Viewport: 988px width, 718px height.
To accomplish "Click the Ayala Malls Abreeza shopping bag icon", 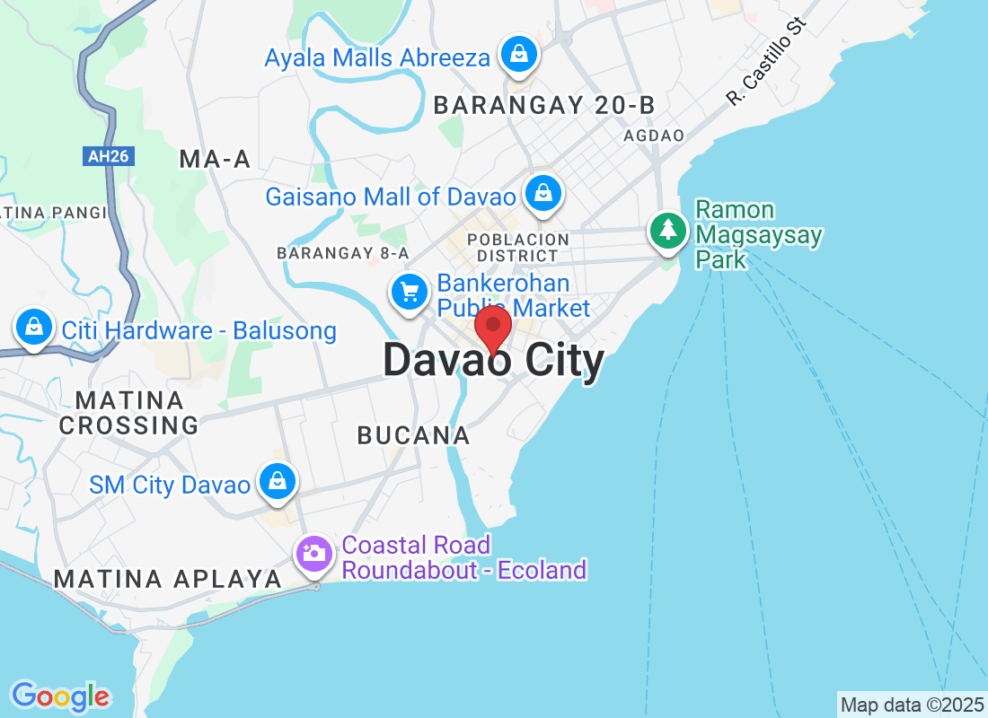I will tap(518, 54).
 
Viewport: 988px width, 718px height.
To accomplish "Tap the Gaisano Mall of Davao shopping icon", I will tap(543, 193).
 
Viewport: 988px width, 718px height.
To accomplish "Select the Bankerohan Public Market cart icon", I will tap(410, 292).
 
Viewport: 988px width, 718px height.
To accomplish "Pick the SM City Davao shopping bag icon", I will tap(278, 482).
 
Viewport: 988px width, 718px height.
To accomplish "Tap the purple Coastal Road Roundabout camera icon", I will tap(313, 553).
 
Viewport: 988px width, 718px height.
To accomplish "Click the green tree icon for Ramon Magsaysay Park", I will tap(667, 231).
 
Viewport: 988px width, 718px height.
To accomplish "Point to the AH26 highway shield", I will tap(109, 156).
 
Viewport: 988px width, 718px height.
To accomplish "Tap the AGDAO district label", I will tap(654, 136).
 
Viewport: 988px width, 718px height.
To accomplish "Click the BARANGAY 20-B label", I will tap(544, 106).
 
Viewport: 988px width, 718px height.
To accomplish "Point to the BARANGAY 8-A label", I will tap(343, 253).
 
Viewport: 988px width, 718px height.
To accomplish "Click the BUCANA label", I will tap(413, 436).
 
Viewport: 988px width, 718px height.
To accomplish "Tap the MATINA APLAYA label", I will tap(168, 580).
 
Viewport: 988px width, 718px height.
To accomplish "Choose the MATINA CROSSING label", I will tap(128, 412).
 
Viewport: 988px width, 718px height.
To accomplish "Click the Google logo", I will tap(61, 696).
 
